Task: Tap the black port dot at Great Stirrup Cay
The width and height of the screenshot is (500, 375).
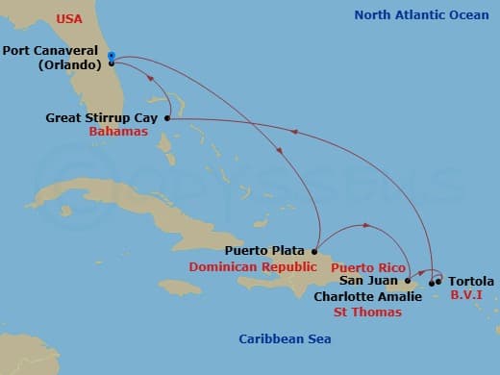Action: pos(167,118)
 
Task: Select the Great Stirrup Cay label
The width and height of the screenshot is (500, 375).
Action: pos(102,118)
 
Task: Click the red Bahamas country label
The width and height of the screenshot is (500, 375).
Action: pos(118,132)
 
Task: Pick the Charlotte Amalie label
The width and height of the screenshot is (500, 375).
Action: pos(367,296)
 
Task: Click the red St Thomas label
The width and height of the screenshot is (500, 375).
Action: pos(366,312)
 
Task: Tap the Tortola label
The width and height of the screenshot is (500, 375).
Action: pos(471,281)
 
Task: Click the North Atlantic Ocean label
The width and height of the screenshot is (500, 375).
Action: pos(421,14)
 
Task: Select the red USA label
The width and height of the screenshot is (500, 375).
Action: pos(69,18)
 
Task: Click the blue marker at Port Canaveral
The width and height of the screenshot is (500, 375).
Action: pos(112,56)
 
